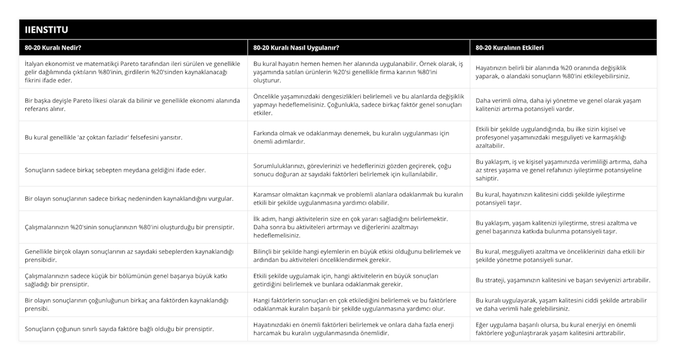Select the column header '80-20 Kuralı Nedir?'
click(x=57, y=48)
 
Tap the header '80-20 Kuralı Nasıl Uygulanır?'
click(x=296, y=48)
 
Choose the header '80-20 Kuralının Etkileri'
click(x=510, y=48)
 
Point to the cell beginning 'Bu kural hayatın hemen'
click(x=358, y=72)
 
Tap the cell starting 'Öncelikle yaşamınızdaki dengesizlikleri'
click(x=358, y=105)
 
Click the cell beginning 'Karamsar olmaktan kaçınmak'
click(x=358, y=199)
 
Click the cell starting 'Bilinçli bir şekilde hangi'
click(x=358, y=256)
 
